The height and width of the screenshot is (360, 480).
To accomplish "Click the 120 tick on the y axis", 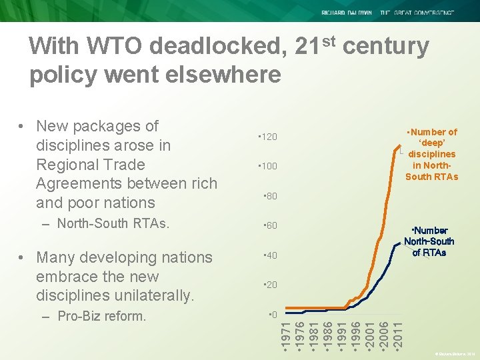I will pyautogui.click(x=268, y=137).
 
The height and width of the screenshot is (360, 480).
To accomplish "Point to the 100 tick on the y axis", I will pyautogui.click(x=268, y=166).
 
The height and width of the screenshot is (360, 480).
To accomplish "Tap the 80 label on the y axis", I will pyautogui.click(x=270, y=197).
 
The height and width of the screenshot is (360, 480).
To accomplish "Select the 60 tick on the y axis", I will pyautogui.click(x=270, y=226).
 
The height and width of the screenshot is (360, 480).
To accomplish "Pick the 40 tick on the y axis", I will pyautogui.click(x=270, y=256).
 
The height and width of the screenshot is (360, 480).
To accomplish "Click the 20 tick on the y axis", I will pyautogui.click(x=270, y=285).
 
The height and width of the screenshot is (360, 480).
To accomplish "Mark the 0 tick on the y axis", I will pyautogui.click(x=272, y=314).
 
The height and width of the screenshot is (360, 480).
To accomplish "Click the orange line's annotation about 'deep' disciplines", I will pyautogui.click(x=432, y=155).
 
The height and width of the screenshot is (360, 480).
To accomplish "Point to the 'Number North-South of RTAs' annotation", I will pyautogui.click(x=429, y=241).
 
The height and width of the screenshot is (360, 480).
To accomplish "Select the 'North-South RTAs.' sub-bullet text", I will pyautogui.click(x=113, y=223).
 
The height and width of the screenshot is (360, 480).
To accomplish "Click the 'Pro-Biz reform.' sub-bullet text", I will pyautogui.click(x=102, y=316).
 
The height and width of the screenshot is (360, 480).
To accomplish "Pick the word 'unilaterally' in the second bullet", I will pyautogui.click(x=153, y=295).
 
